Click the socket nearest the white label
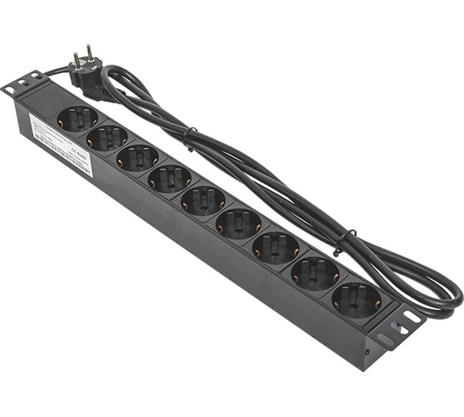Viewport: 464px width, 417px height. pos(78,117)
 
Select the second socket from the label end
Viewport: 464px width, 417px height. pos(108,137)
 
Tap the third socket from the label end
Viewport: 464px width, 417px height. pos(138,157)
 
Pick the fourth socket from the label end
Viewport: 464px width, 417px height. pos(170,178)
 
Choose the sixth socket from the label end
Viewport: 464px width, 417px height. pos(239,223)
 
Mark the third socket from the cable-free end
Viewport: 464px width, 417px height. pos(276,247)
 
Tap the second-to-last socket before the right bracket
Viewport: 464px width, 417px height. pos(316,272)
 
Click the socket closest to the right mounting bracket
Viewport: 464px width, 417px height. pos(357,300)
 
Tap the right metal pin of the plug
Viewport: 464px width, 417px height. pos(89,50)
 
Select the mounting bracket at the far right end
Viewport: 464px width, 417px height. pos(397,326)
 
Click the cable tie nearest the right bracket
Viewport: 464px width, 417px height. pos(340,242)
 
